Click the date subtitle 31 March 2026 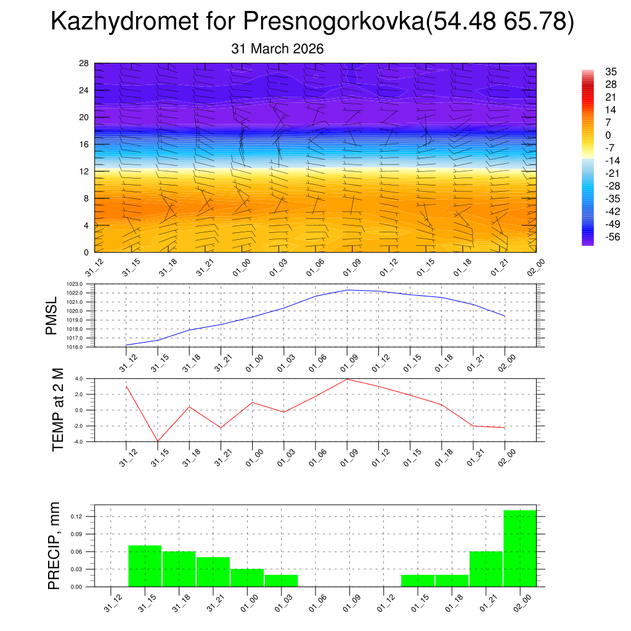pos(277,49)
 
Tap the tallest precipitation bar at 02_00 pos(519,548)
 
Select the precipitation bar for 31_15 pos(145,566)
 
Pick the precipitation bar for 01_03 pos(282,580)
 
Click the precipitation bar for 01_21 pos(486,569)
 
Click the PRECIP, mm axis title pos(55,545)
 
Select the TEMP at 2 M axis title pos(59,410)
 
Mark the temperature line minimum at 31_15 pos(158,441)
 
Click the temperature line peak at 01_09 pos(347,379)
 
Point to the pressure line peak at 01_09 pos(347,290)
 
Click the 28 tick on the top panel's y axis pos(84,63)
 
